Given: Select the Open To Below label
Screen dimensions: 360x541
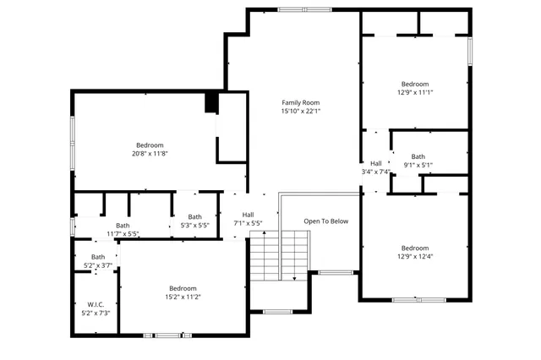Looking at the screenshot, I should [x=326, y=221].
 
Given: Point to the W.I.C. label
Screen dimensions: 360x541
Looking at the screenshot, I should [x=95, y=304].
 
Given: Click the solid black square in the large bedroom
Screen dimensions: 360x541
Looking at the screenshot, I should [x=211, y=102].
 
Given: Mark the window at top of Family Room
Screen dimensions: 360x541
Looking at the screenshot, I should [x=304, y=9].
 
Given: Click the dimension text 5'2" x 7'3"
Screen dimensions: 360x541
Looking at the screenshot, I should [x=95, y=314].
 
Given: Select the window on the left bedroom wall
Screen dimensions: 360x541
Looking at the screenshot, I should [x=73, y=143].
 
